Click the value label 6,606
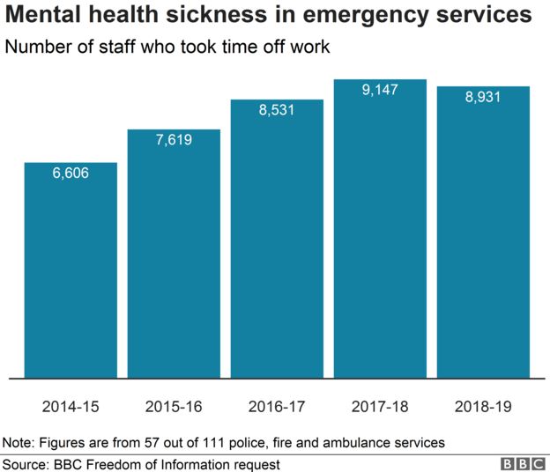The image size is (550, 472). [71, 173]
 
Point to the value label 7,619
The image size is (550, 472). [174, 139]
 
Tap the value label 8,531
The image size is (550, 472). [277, 109]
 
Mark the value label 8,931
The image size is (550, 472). [483, 96]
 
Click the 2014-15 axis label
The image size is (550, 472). [71, 407]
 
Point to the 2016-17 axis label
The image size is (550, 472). [277, 407]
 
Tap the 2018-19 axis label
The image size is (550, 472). [483, 407]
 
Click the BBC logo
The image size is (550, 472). [523, 463]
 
